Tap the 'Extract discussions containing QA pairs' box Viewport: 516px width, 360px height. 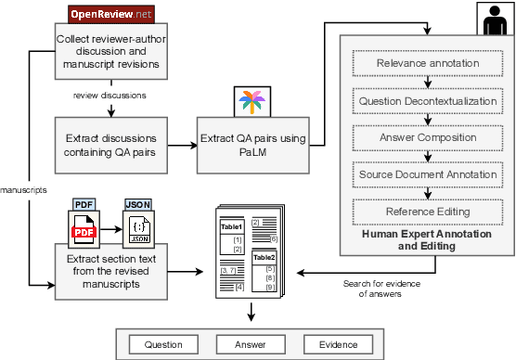pyautogui.click(x=112, y=145)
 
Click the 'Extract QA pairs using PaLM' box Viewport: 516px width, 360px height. pyautogui.click(x=252, y=145)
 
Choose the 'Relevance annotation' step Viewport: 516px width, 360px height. pyautogui.click(x=428, y=64)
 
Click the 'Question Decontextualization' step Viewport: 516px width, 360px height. pyautogui.click(x=428, y=100)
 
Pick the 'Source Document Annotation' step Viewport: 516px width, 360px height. pyautogui.click(x=428, y=174)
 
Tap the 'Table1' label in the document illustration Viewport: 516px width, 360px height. pyautogui.click(x=230, y=225)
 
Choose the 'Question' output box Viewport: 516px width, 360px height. pyautogui.click(x=163, y=344)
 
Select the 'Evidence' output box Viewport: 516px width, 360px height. pyautogui.click(x=337, y=344)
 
